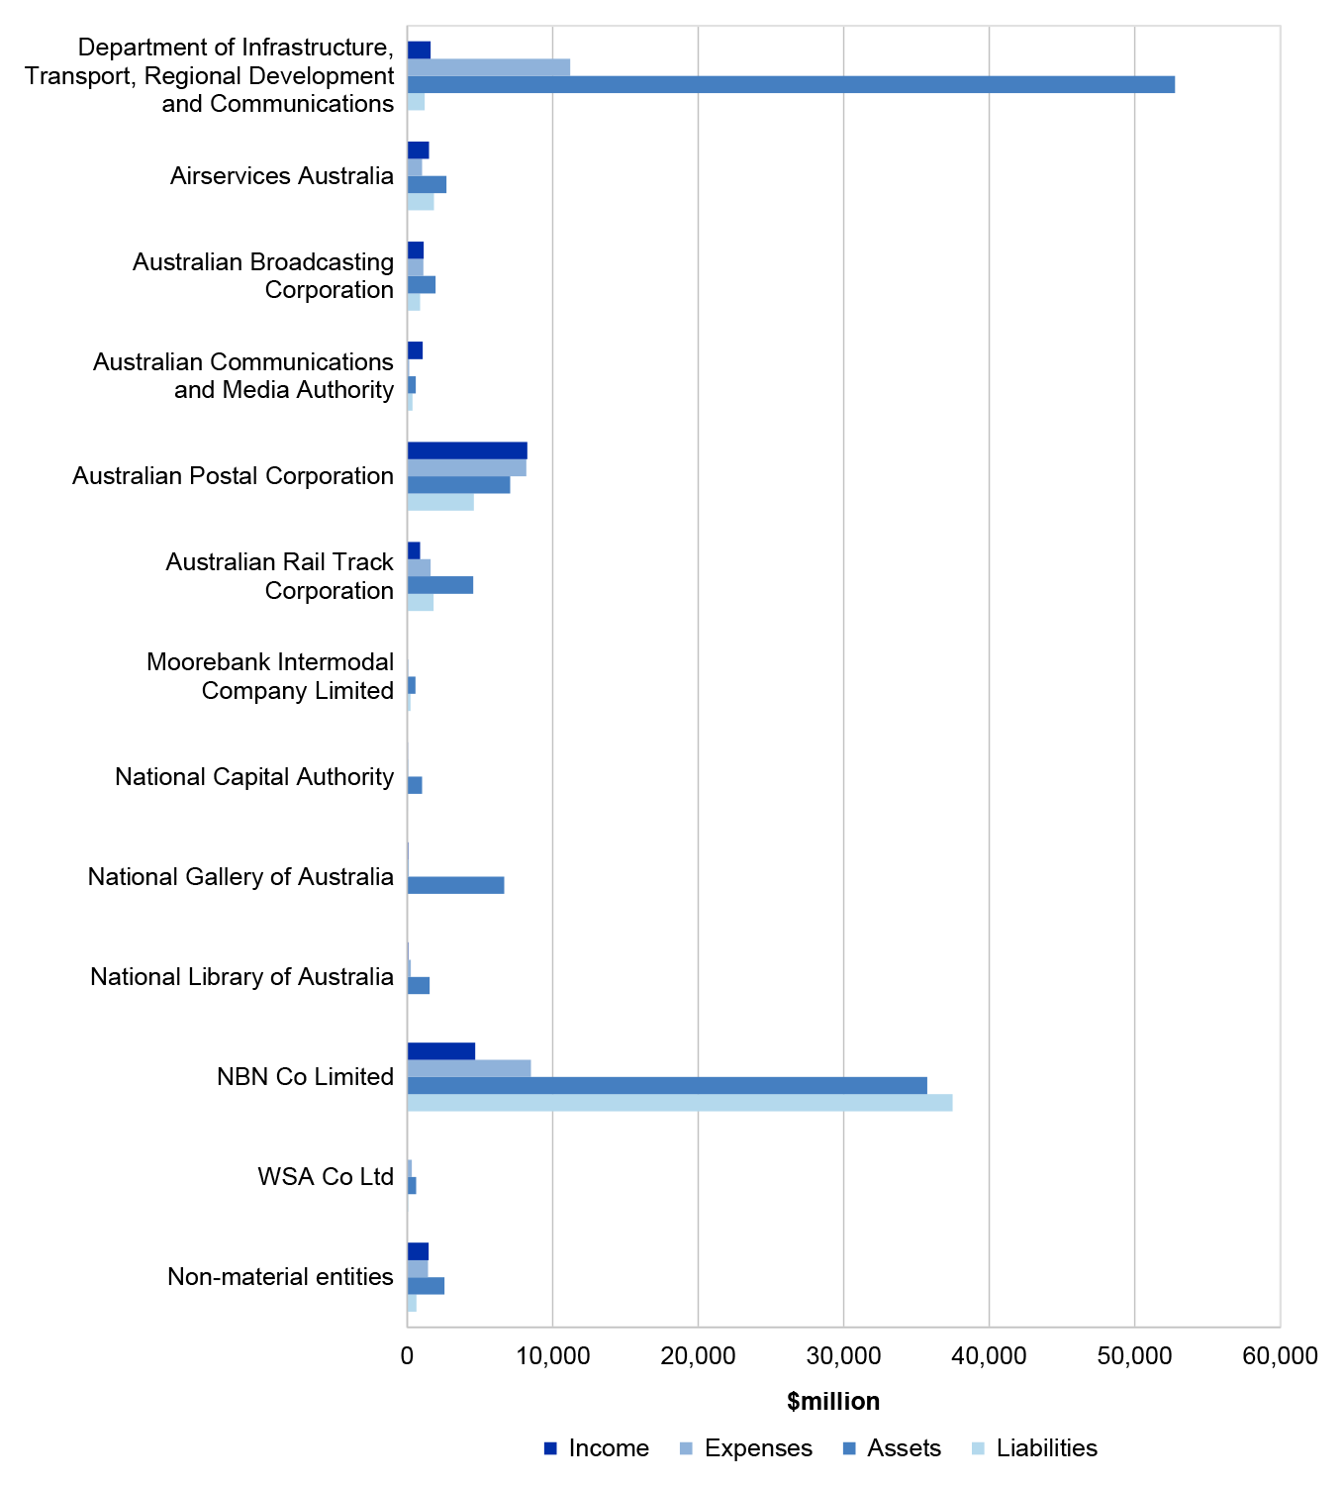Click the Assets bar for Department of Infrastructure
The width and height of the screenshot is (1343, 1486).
click(791, 84)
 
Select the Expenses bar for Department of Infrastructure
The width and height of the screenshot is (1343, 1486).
click(488, 67)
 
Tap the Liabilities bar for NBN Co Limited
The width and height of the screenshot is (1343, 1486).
click(679, 1102)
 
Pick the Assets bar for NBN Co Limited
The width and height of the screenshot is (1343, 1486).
click(667, 1085)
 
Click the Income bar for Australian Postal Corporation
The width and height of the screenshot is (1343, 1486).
click(467, 450)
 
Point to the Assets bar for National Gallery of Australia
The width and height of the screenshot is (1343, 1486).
click(455, 885)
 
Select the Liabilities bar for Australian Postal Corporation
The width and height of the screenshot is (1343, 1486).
click(440, 502)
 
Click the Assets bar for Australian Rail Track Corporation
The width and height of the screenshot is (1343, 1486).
click(440, 585)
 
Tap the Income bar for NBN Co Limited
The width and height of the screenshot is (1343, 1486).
click(440, 1051)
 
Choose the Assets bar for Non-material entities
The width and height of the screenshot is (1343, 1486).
click(426, 1286)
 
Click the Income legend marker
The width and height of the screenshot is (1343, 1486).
click(550, 1448)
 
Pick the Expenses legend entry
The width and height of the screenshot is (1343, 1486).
click(745, 1448)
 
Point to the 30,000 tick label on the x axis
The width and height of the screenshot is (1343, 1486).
click(844, 1355)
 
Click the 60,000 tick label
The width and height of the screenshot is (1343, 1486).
click(1280, 1355)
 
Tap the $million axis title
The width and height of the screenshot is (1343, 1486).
click(833, 1402)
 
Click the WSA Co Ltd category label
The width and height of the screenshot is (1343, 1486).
click(326, 1176)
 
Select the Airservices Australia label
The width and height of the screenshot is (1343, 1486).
click(281, 175)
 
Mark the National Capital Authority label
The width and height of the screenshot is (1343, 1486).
click(254, 776)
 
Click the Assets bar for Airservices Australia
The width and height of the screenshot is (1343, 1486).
click(427, 184)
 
